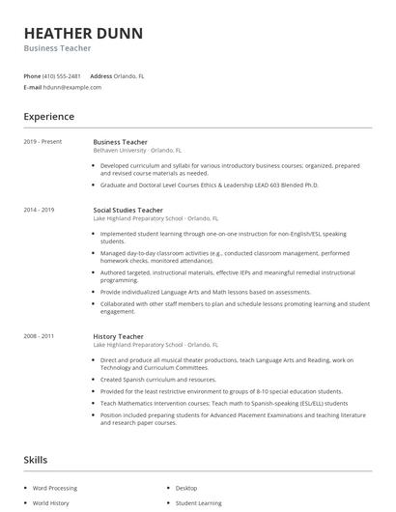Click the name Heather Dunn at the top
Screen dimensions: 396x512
[x=83, y=33]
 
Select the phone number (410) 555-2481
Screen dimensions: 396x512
[x=62, y=75]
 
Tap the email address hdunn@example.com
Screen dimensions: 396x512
[x=72, y=87]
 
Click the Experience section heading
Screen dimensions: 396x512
[x=49, y=117]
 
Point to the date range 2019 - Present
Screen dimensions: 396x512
[x=43, y=142]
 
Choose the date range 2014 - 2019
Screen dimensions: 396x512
[x=40, y=210]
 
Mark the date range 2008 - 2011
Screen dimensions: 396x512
[x=40, y=335]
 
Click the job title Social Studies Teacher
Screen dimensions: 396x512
[x=127, y=210]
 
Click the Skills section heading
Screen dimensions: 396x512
[x=35, y=460]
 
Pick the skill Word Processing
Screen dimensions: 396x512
[x=55, y=488]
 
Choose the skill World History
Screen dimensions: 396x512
[x=52, y=503]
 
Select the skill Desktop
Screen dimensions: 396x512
[x=186, y=488]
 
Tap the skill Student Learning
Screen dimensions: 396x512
[x=197, y=503]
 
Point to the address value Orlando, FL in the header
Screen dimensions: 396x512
[x=129, y=75]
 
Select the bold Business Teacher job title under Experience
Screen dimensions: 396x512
[x=120, y=142]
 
